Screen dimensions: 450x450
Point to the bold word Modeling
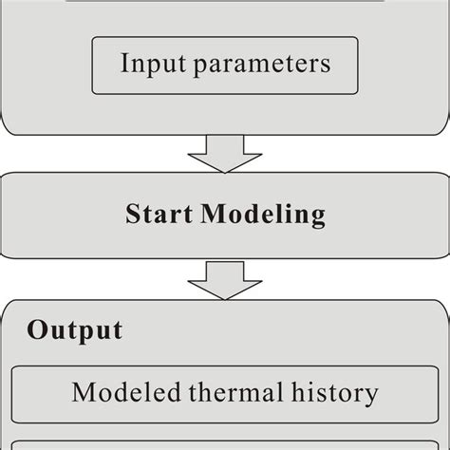263,215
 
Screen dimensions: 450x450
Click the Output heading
74,330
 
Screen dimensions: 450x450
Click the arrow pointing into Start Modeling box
224,151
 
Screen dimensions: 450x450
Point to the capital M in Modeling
214,213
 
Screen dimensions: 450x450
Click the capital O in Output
38,330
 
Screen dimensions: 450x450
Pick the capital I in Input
125,64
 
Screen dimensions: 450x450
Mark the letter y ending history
371,395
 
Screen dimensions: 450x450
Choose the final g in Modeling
316,217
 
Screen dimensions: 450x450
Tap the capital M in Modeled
84,391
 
